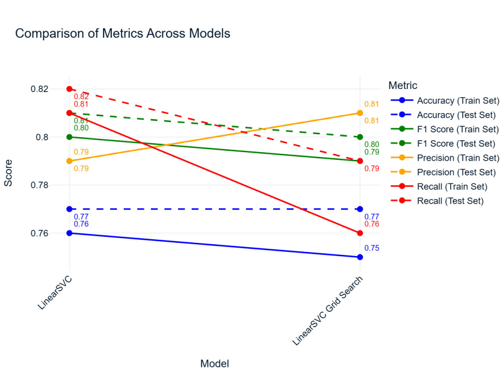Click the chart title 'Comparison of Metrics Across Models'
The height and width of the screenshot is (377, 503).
coord(123,34)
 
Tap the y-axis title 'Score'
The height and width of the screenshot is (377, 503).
coord(9,173)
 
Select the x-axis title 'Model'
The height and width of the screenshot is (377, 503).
coord(215,363)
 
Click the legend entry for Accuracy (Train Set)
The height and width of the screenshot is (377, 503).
coord(458,100)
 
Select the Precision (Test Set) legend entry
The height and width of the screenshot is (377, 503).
coord(456,172)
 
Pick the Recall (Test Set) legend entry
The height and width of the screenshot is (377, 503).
coord(450,201)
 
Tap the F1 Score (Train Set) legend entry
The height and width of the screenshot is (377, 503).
coord(458,129)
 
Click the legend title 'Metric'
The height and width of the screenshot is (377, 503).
coord(403,85)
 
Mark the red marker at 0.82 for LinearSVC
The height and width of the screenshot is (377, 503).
coord(69,89)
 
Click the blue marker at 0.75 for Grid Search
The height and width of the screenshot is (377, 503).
coord(360,257)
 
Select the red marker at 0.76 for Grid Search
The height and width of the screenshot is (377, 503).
coord(360,233)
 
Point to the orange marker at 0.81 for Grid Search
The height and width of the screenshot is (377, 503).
coord(360,113)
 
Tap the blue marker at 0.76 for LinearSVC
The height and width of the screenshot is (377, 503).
coord(69,233)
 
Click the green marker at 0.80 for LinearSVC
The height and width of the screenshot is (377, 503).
coord(69,137)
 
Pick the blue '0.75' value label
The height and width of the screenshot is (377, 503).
coord(372,248)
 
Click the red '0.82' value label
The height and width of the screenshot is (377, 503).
coord(81,97)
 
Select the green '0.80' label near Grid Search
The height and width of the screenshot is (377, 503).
coord(372,144)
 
